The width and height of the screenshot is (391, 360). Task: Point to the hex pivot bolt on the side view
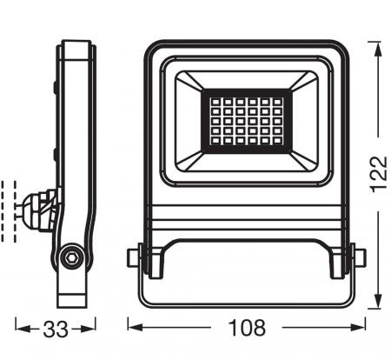point(70,257)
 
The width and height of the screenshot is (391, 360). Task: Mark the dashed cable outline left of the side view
point(12,209)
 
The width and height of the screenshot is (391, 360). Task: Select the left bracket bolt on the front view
point(133,258)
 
